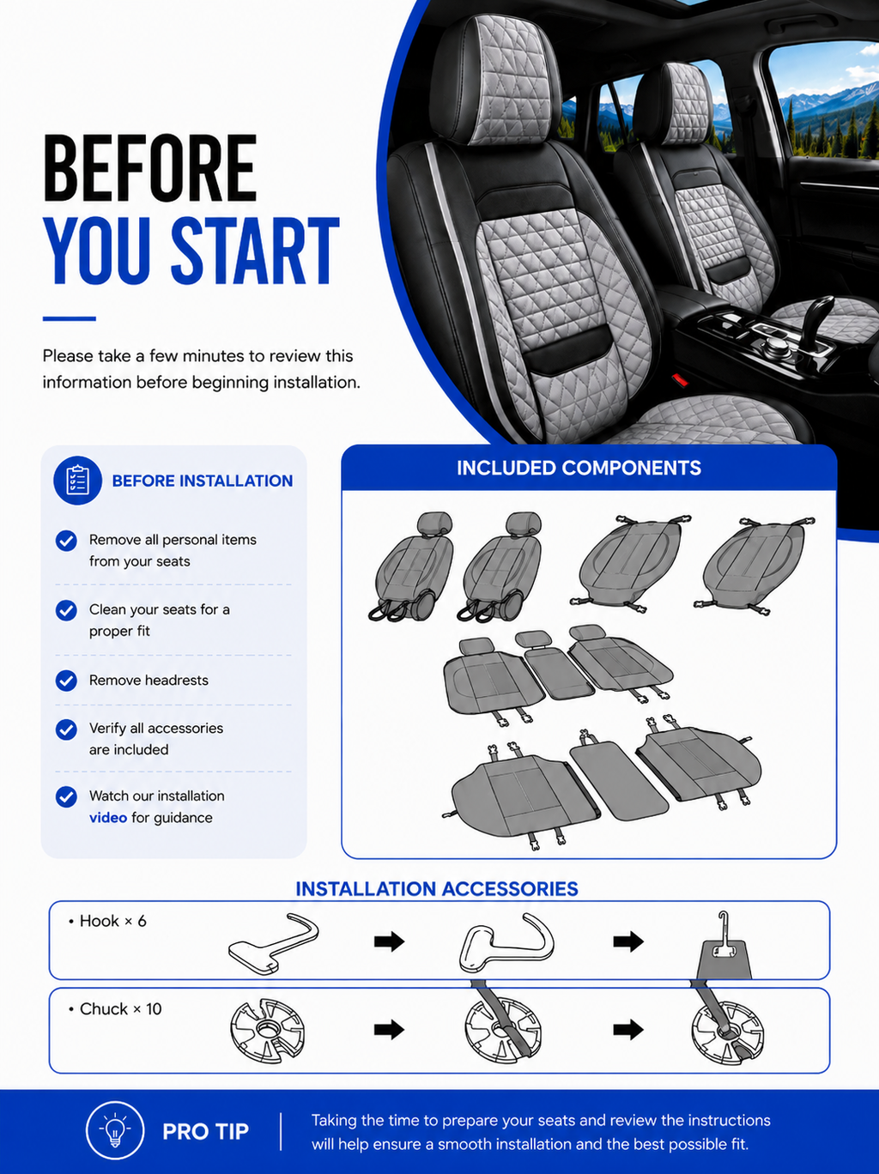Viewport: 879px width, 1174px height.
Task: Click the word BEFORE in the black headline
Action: tap(150, 168)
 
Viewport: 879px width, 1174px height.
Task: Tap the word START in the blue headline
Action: tap(255, 251)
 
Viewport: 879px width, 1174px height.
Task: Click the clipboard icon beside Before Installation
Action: tap(77, 481)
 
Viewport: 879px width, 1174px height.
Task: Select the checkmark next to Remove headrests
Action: tap(66, 681)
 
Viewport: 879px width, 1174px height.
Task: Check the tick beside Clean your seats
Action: tap(66, 610)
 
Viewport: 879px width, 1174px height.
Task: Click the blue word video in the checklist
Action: tap(108, 818)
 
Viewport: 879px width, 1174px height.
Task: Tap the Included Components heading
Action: tap(579, 468)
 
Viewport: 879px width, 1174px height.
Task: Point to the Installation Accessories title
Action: tap(437, 889)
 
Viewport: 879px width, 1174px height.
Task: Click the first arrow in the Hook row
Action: tap(389, 941)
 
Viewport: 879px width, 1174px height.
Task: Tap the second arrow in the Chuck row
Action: tap(628, 1029)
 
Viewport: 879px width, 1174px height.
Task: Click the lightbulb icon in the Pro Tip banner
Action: tap(115, 1131)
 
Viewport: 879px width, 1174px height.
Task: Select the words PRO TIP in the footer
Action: tap(205, 1132)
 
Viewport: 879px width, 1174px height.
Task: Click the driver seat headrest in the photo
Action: tap(495, 80)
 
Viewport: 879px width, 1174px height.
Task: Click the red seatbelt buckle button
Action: tap(680, 379)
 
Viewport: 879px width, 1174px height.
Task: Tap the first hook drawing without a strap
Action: tap(274, 943)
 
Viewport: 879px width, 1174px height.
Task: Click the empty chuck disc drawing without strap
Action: tap(268, 1030)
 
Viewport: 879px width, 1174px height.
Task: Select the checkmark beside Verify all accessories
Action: tap(66, 729)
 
